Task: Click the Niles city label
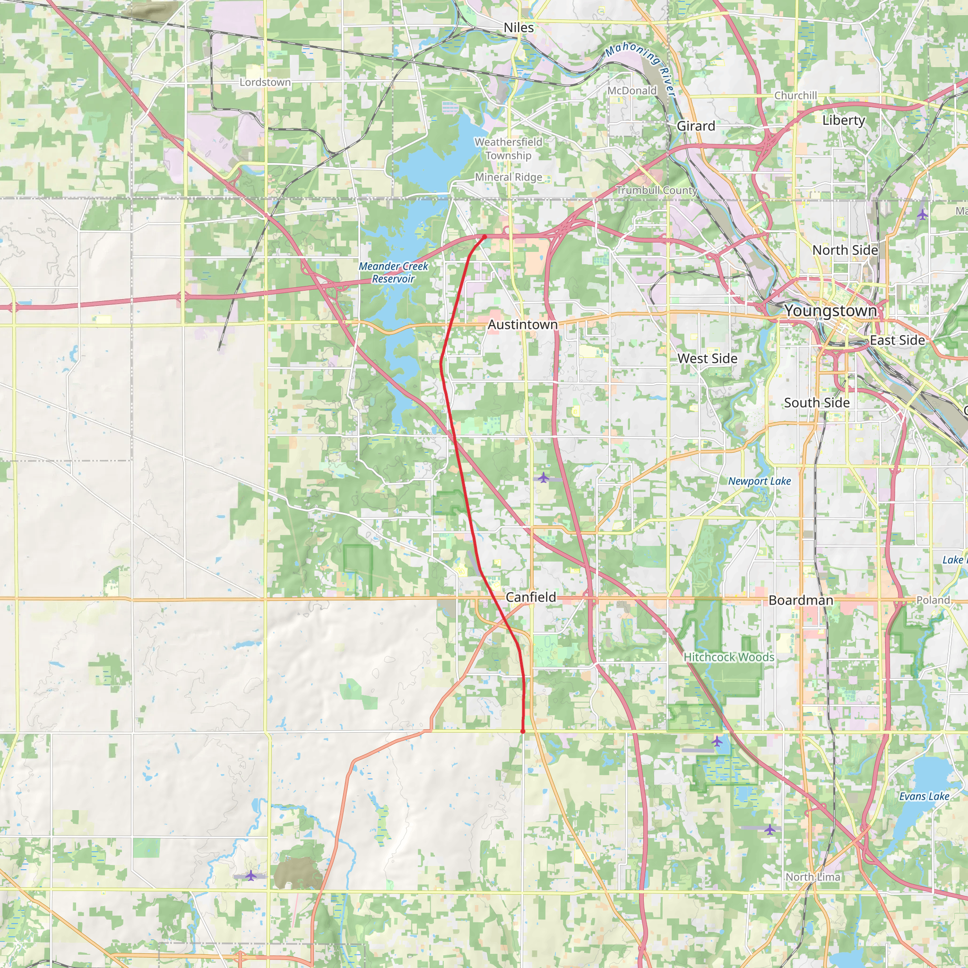519,27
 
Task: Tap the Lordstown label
265,82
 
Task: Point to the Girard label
695,126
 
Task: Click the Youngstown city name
830,311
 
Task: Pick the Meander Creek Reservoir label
393,273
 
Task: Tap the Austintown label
523,325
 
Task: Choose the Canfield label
531,597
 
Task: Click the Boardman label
801,600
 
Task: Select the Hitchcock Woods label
728,657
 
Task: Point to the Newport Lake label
759,481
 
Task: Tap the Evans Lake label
924,796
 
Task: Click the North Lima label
812,877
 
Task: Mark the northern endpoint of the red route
484,236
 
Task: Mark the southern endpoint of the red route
523,732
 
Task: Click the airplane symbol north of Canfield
544,477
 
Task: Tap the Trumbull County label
657,190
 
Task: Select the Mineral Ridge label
508,177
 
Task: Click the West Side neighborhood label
707,358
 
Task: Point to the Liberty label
844,120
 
